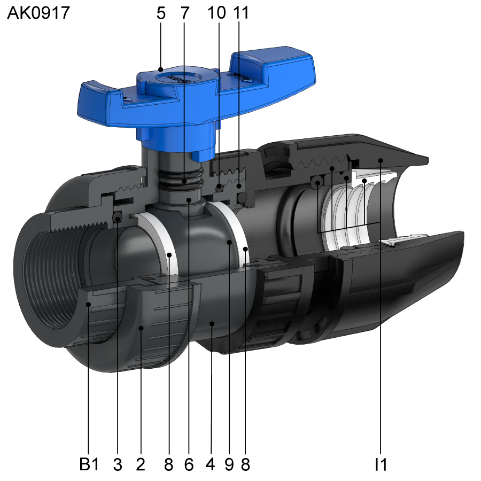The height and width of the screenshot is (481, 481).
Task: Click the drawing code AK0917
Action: [38, 13]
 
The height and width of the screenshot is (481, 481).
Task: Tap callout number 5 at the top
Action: [161, 13]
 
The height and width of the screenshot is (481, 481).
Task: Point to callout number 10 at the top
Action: [216, 13]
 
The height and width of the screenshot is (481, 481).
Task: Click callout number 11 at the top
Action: [241, 13]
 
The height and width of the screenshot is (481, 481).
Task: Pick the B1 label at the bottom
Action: [89, 464]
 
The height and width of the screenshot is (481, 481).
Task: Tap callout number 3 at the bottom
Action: [118, 464]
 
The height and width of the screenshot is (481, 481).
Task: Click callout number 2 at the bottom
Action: [141, 464]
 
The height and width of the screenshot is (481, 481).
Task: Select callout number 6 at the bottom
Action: [189, 464]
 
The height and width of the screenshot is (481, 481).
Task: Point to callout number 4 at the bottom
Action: [211, 464]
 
